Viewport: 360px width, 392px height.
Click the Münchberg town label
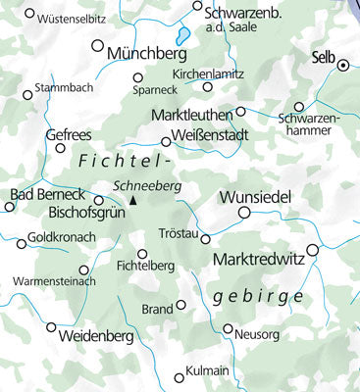point(154,52)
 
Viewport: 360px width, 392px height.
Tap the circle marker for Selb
point(343,65)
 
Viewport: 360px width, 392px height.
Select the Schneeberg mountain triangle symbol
point(133,202)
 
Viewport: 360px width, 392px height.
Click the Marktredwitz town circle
point(313,250)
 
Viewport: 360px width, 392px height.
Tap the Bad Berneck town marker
point(10,207)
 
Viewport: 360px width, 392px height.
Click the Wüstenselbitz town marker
point(29,15)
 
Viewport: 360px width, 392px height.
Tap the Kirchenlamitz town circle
point(207,86)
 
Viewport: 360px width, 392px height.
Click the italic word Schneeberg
point(145,185)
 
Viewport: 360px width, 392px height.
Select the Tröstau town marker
point(206,238)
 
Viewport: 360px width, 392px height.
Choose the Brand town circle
point(180,305)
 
